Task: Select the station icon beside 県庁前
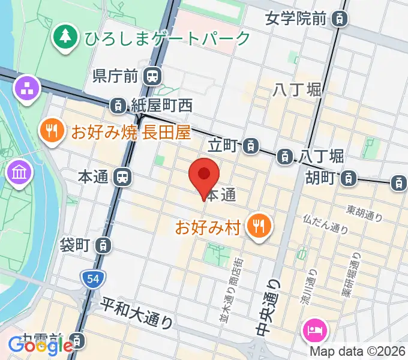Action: (x=153, y=76)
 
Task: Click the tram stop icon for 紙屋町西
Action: (x=119, y=106)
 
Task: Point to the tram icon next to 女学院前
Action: (x=340, y=19)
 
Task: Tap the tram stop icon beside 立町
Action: (x=252, y=145)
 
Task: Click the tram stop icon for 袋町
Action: (x=104, y=245)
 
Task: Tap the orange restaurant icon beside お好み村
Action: (x=260, y=226)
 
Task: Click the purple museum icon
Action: (x=17, y=173)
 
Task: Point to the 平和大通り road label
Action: (x=137, y=313)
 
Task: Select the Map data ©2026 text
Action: (x=358, y=352)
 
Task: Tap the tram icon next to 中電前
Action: (x=76, y=341)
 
